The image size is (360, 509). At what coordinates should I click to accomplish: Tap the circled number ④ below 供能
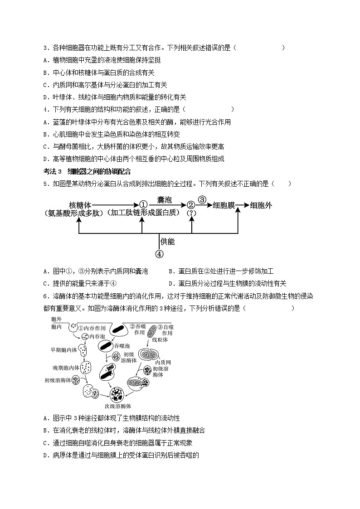click(159, 254)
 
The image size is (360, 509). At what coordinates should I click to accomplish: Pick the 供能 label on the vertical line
click(168, 242)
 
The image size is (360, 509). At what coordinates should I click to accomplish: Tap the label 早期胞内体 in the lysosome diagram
click(61, 349)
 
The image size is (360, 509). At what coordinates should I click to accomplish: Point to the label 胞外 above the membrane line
click(56, 320)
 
